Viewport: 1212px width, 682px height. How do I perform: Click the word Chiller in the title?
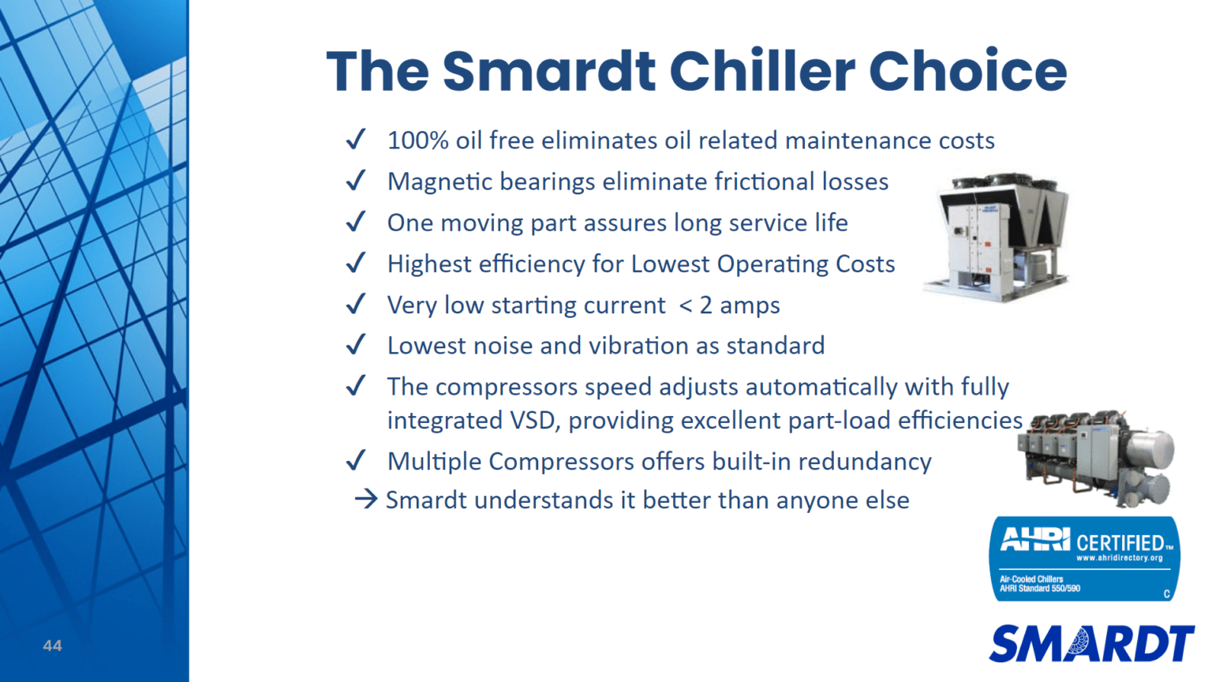pos(761,71)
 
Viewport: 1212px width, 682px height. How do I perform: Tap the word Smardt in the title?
pos(548,71)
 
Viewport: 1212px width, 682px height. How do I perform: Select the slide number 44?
pos(52,646)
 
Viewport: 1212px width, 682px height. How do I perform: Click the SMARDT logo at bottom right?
pos(1091,643)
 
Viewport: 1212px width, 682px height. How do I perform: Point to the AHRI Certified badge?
pos(1084,559)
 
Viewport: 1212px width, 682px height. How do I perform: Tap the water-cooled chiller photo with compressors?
pos(1097,458)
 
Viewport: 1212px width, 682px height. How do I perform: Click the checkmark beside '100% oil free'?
pos(356,140)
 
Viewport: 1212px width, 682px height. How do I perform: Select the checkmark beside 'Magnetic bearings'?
pos(356,181)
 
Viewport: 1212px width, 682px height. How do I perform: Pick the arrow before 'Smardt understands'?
pos(365,499)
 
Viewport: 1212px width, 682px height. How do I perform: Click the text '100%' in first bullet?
pos(418,141)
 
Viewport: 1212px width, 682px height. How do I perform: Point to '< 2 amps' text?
pos(729,305)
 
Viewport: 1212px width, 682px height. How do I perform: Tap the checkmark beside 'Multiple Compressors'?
pos(356,460)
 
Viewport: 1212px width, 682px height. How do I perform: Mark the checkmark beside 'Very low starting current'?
pos(356,304)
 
